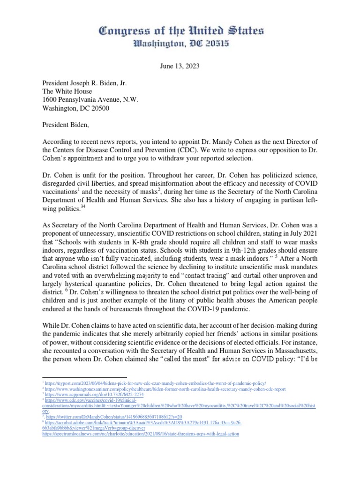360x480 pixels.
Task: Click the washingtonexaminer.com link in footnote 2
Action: (160, 389)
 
